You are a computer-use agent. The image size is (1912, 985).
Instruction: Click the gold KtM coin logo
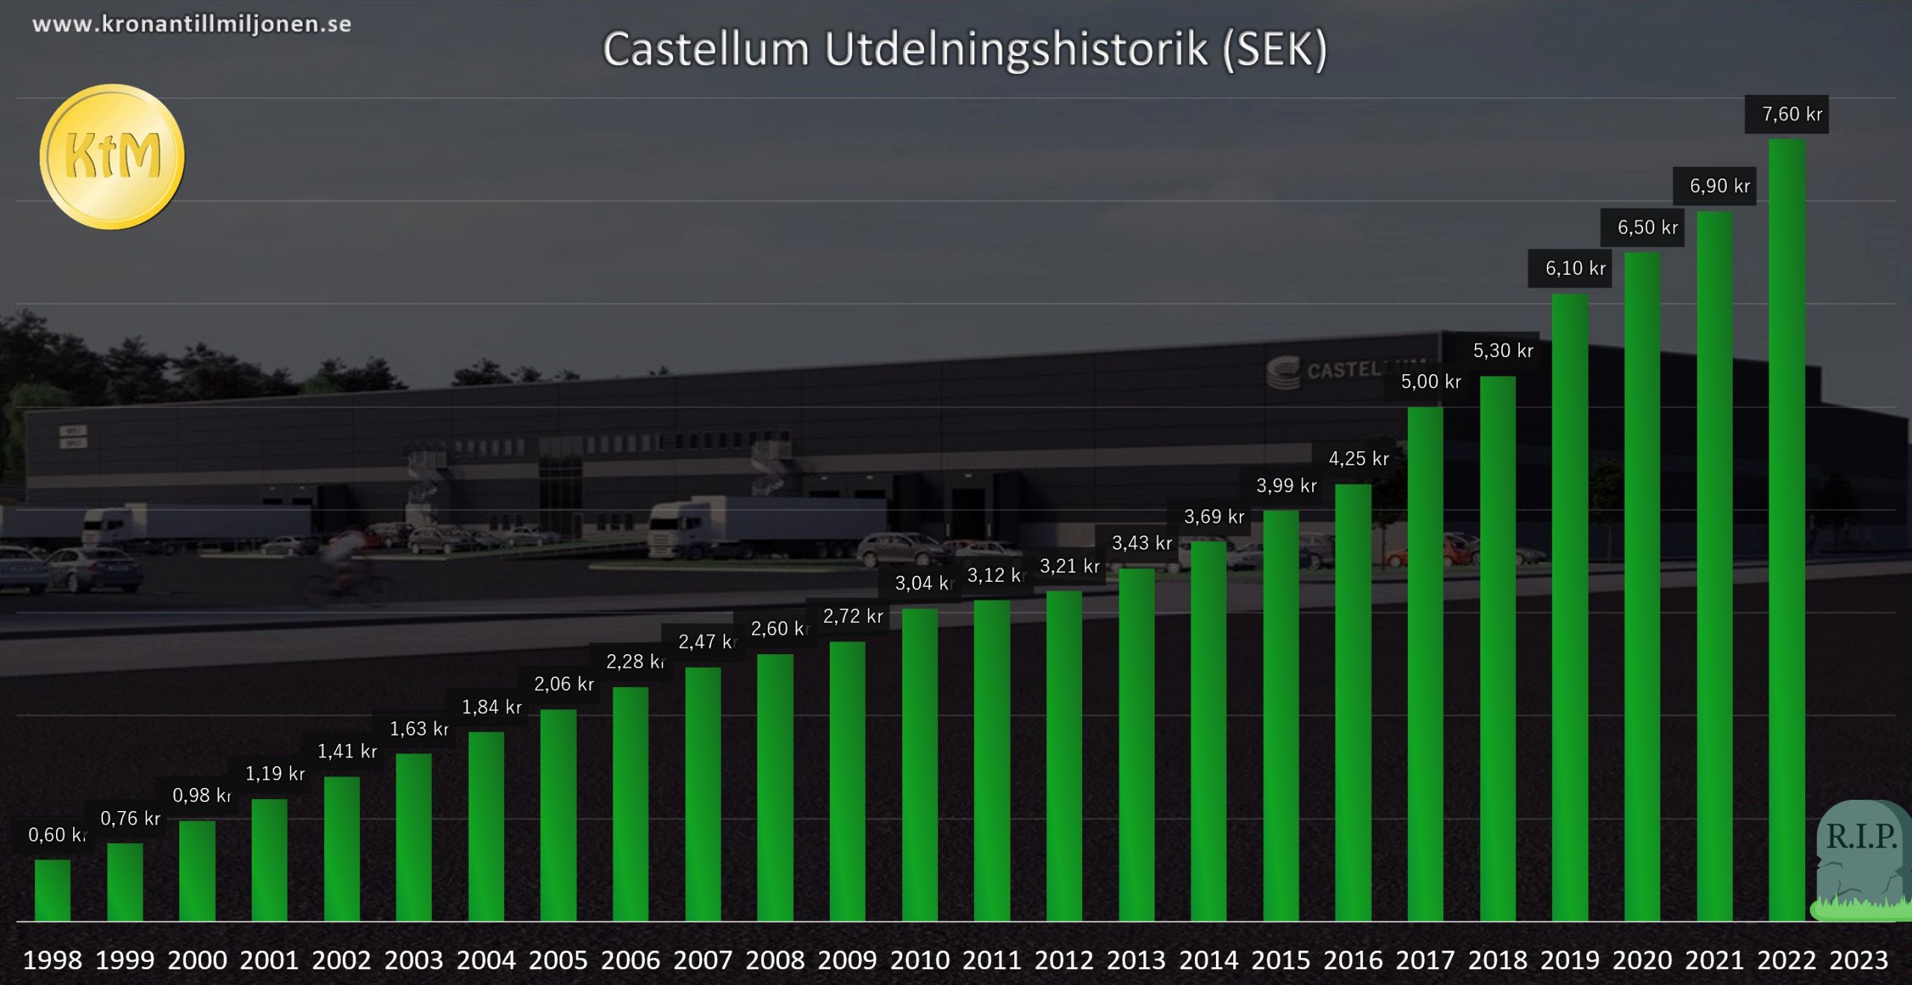pyautogui.click(x=112, y=157)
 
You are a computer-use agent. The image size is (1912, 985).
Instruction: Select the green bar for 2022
pyautogui.click(x=1787, y=530)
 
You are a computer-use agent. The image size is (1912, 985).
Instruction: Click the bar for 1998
pyautogui.click(x=52, y=890)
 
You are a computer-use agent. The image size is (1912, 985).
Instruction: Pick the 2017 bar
pyautogui.click(x=1425, y=664)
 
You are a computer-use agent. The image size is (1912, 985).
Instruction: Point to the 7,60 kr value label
pyautogui.click(x=1792, y=114)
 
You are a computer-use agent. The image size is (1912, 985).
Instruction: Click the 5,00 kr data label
pyautogui.click(x=1430, y=382)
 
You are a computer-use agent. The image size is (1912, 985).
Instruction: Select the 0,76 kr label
pyautogui.click(x=130, y=818)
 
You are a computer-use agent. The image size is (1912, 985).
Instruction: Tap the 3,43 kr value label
pyautogui.click(x=1141, y=543)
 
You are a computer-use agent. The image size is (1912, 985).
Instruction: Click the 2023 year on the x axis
pyautogui.click(x=1858, y=960)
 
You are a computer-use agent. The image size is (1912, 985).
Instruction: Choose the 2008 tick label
pyautogui.click(x=775, y=960)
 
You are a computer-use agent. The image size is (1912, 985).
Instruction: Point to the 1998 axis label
pyautogui.click(x=52, y=960)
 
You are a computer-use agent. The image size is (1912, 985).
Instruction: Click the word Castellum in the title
pyautogui.click(x=706, y=50)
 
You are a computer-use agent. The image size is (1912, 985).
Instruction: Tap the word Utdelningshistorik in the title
pyautogui.click(x=1016, y=50)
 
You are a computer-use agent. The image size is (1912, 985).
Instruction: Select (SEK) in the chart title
pyautogui.click(x=1274, y=50)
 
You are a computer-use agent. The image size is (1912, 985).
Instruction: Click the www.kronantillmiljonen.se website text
pyautogui.click(x=192, y=24)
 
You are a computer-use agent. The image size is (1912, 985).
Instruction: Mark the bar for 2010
pyautogui.click(x=919, y=765)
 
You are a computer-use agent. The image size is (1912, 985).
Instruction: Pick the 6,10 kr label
pyautogui.click(x=1575, y=268)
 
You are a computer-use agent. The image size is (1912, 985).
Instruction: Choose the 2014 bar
pyautogui.click(x=1208, y=731)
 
